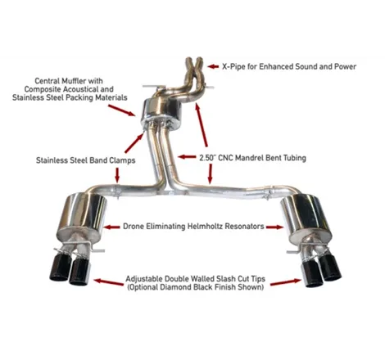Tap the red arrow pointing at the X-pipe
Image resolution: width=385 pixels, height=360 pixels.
point(213,66)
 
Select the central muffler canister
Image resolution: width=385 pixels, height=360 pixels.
point(161,115)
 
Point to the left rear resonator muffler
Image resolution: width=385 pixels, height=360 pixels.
point(82,217)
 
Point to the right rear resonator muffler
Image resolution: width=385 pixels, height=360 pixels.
point(306,218)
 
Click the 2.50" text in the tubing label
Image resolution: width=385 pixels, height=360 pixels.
point(206,158)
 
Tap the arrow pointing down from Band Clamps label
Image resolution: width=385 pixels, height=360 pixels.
point(117,175)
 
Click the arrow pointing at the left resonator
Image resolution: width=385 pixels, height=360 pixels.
point(112,227)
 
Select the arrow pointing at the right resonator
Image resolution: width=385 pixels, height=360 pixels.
point(274,227)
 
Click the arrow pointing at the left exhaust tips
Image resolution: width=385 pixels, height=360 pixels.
point(109,282)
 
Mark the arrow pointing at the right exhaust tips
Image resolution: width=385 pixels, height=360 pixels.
point(286,282)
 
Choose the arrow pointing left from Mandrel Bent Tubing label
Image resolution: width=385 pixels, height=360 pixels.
point(187,157)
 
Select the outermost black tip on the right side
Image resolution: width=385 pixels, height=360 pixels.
point(330,268)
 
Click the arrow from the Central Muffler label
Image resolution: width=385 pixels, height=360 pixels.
point(122,110)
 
